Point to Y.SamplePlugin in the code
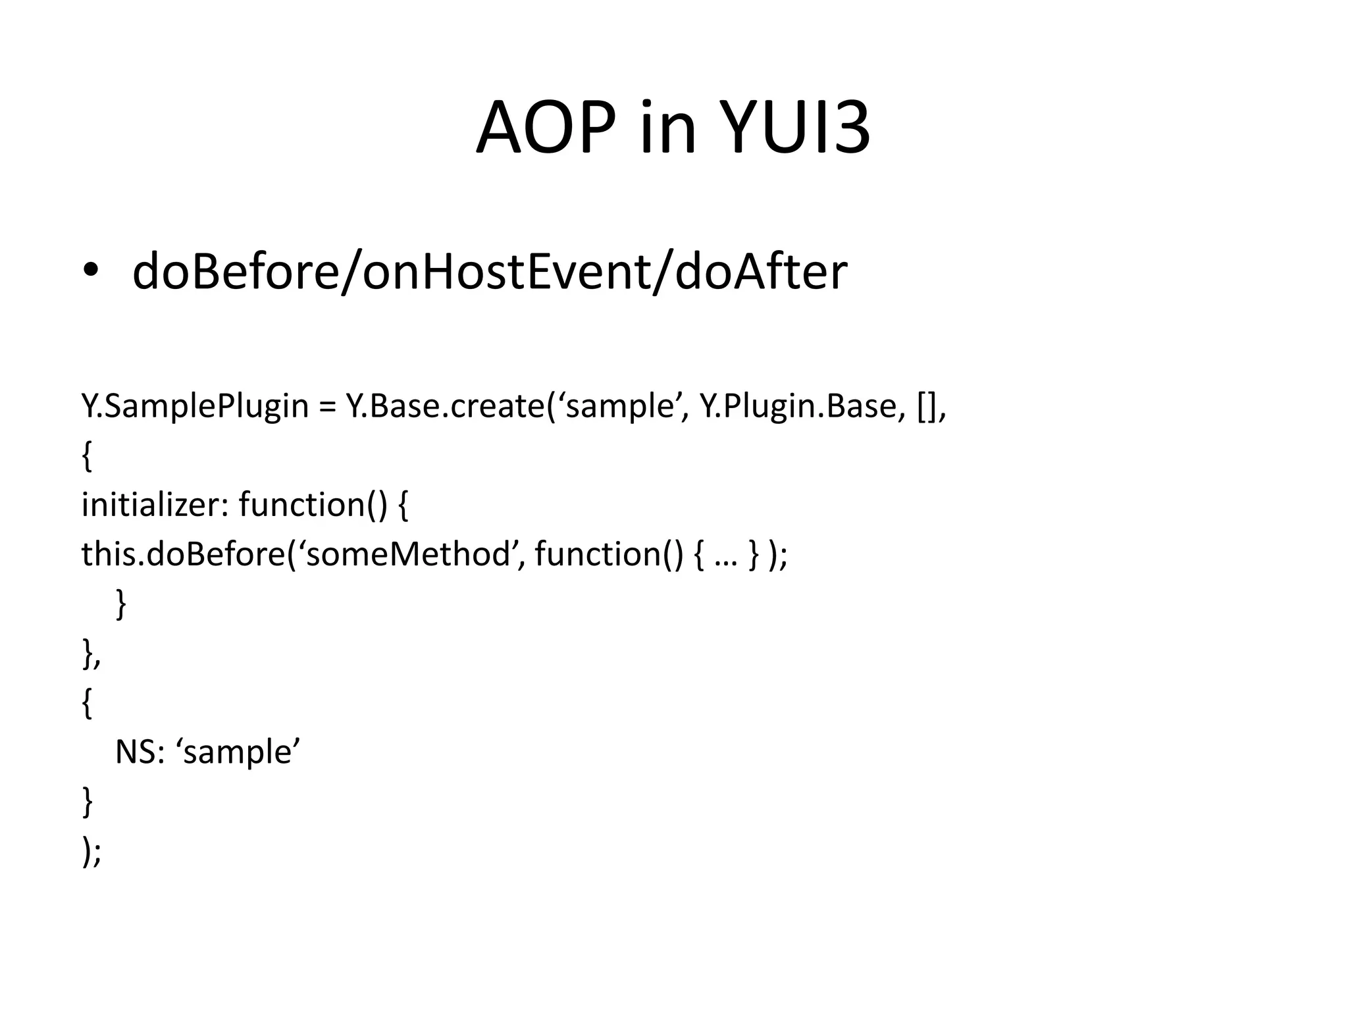click(x=195, y=406)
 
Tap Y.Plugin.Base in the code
click(x=798, y=406)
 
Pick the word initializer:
click(x=154, y=505)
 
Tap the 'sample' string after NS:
click(x=238, y=752)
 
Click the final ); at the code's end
click(x=91, y=852)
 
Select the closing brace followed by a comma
click(x=91, y=654)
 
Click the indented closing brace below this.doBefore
click(x=120, y=604)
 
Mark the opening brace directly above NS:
click(x=87, y=703)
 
